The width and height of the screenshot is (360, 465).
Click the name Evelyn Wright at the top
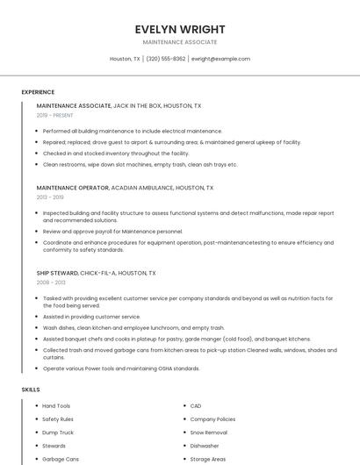pyautogui.click(x=180, y=29)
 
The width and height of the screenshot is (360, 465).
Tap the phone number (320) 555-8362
pyautogui.click(x=166, y=59)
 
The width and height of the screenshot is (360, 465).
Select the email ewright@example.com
pyautogui.click(x=220, y=59)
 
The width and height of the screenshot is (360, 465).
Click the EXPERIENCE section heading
pyautogui.click(x=38, y=92)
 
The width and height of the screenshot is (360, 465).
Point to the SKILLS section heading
pyautogui.click(x=31, y=389)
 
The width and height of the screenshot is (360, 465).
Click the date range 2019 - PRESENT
pyautogui.click(x=55, y=115)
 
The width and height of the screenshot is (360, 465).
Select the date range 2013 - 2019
pyautogui.click(x=50, y=197)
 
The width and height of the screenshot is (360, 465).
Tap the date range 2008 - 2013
pyautogui.click(x=50, y=283)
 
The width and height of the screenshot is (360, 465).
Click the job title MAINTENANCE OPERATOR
pyautogui.click(x=72, y=188)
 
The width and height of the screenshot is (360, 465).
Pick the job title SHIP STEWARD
pyautogui.click(x=57, y=273)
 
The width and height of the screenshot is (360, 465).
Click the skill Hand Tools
pyautogui.click(x=56, y=405)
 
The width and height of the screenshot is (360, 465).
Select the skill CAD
pyautogui.click(x=196, y=405)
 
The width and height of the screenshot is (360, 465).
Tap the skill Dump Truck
pyautogui.click(x=58, y=433)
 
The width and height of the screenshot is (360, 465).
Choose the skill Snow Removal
pyautogui.click(x=208, y=433)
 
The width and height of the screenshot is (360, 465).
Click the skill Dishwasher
pyautogui.click(x=205, y=446)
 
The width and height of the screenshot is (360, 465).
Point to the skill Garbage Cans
pyautogui.click(x=61, y=459)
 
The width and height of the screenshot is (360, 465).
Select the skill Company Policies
pyautogui.click(x=212, y=419)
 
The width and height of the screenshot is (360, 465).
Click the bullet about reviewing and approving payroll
pyautogui.click(x=112, y=231)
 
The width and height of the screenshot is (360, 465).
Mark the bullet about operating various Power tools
pyautogui.click(x=121, y=368)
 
